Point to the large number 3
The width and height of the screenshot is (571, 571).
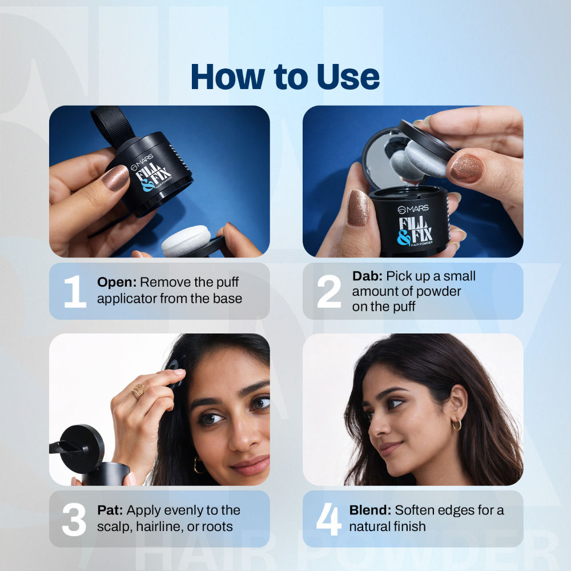click(74, 519)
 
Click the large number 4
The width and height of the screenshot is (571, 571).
click(328, 519)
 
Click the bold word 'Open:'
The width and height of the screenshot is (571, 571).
click(117, 282)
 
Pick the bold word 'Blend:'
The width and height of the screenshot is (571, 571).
click(370, 510)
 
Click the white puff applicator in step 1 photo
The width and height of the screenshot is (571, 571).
click(186, 240)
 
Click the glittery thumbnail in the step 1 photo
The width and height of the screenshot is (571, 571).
click(115, 178)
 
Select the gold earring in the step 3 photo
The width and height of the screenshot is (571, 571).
click(198, 465)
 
